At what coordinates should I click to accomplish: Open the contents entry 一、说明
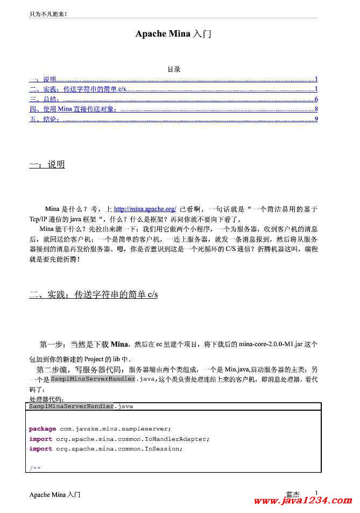click(x=43, y=80)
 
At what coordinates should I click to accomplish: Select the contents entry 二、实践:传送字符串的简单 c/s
click(x=77, y=89)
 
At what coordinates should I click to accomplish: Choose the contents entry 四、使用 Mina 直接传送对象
click(x=73, y=109)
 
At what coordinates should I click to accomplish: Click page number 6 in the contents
click(x=316, y=100)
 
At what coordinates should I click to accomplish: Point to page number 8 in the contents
click(x=316, y=109)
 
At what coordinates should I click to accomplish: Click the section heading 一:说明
click(x=47, y=164)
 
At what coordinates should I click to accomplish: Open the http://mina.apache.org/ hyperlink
click(x=145, y=209)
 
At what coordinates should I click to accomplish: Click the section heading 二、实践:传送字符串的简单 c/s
click(x=93, y=294)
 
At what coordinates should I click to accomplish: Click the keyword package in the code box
click(x=43, y=429)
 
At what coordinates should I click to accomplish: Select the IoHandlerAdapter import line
click(x=119, y=439)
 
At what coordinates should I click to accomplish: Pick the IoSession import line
click(x=106, y=449)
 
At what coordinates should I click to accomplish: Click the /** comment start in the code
click(x=35, y=468)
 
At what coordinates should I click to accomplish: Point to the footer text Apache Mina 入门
click(x=55, y=494)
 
